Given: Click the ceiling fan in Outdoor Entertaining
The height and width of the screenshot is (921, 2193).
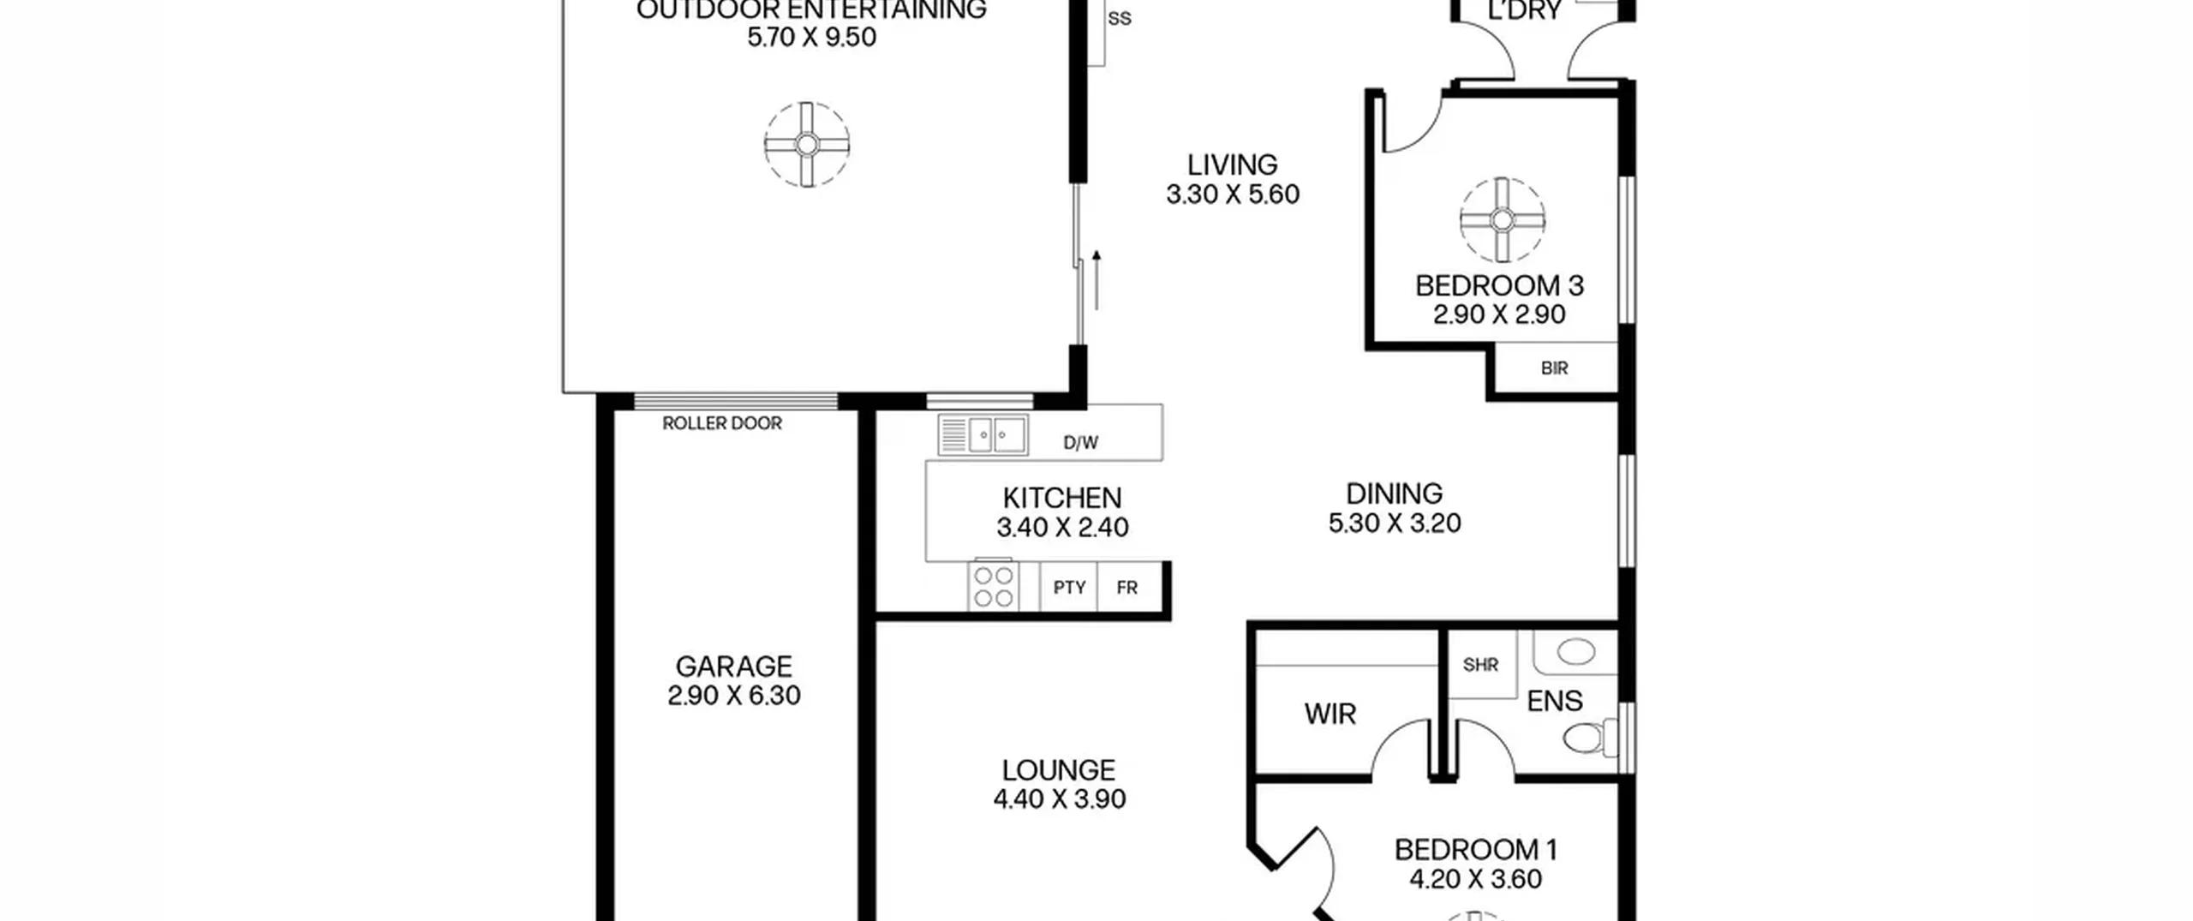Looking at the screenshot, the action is coord(807,145).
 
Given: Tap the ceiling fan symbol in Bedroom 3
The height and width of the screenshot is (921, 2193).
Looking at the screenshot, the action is coord(1503,220).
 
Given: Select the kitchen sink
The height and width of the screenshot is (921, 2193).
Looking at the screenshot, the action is coord(983,435).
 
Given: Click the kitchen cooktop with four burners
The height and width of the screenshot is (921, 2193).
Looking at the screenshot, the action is coord(994,586).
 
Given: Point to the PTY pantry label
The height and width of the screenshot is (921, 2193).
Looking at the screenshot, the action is coord(1069,588).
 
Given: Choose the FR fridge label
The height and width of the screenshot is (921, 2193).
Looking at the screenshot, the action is coord(1127,588).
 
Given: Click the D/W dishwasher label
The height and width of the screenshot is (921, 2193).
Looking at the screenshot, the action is coord(1080,443).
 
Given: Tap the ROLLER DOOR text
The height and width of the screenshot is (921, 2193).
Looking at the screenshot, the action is coord(722,423).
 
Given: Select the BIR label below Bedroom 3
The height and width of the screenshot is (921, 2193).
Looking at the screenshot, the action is coord(1554,368).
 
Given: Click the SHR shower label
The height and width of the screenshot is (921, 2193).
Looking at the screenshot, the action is coord(1480,665).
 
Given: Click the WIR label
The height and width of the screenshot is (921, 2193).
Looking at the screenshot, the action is coord(1330,715).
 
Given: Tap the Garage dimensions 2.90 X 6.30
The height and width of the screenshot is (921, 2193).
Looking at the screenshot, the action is coord(734,696).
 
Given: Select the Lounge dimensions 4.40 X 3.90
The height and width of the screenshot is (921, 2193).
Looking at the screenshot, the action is coord(1060,799).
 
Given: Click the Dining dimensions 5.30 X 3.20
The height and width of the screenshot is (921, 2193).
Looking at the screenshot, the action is coord(1395,523).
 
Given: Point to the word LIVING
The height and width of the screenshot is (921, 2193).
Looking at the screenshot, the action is coord(1232,164).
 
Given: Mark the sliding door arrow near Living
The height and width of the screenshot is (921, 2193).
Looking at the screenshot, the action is coord(1096,280).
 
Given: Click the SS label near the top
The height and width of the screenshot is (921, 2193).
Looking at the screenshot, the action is coord(1120,19).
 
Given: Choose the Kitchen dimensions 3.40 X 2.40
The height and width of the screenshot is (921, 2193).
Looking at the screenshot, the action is coord(1062,528).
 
